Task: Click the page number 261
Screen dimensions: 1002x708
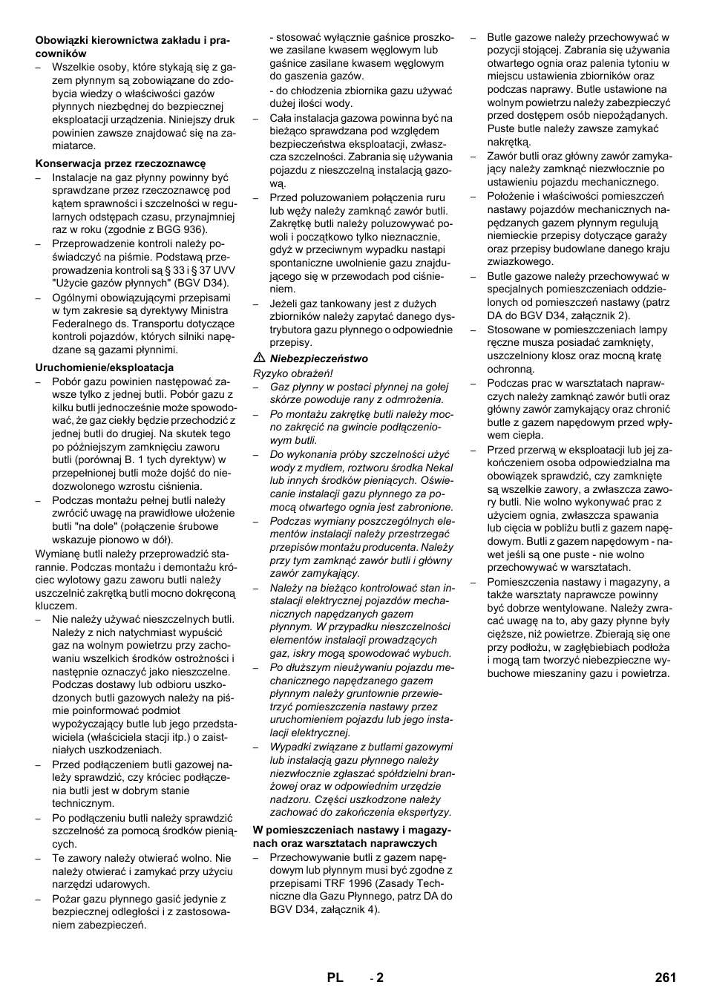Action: pyautogui.click(x=665, y=978)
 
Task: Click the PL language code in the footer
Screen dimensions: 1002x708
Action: pyautogui.click(x=335, y=978)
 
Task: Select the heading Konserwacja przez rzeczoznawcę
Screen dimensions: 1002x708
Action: pyautogui.click(x=120, y=163)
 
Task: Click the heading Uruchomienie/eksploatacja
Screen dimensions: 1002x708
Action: pyautogui.click(x=105, y=367)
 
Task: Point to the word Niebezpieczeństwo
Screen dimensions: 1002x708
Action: pyautogui.click(x=318, y=358)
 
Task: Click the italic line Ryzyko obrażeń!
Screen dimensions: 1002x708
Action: pyautogui.click(x=293, y=373)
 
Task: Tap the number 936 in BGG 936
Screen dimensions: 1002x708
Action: pyautogui.click(x=191, y=230)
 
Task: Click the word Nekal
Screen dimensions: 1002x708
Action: pyautogui.click(x=439, y=468)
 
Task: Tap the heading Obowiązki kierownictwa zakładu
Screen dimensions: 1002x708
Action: pyautogui.click(x=122, y=40)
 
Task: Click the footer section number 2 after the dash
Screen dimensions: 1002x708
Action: pyautogui.click(x=380, y=978)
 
